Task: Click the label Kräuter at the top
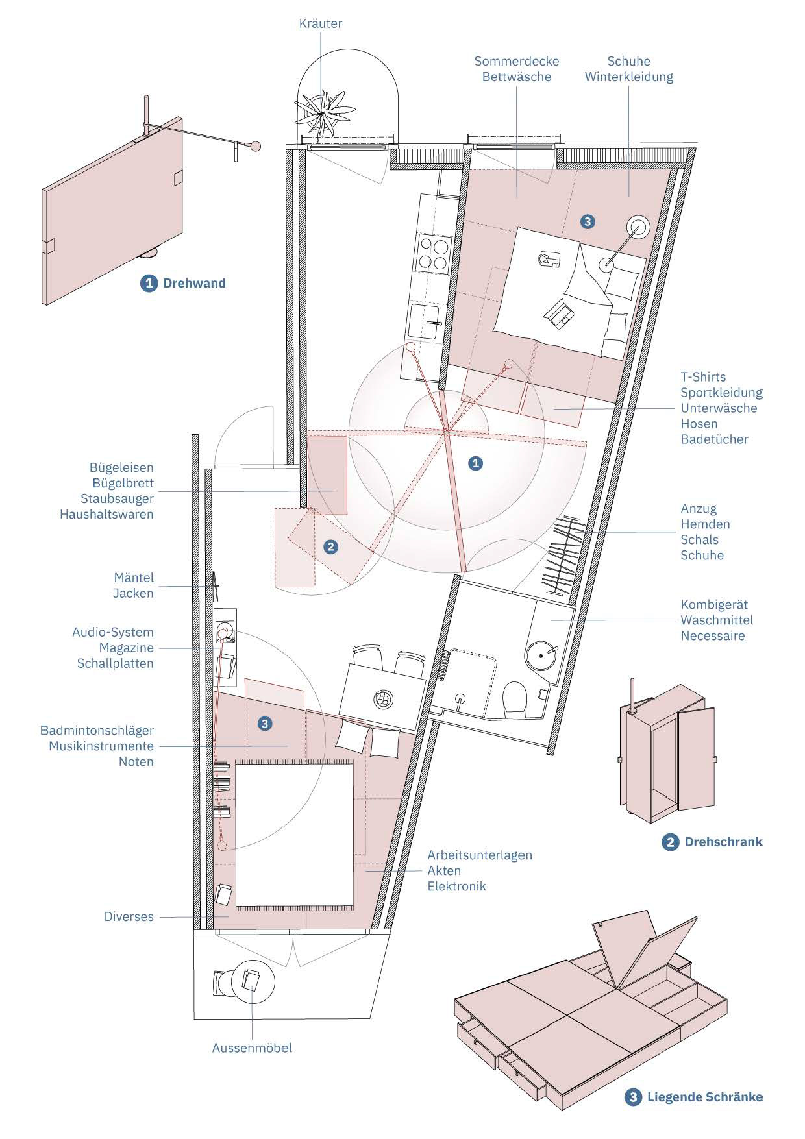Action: click(320, 24)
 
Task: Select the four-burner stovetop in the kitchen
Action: click(434, 253)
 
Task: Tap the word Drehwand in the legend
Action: click(194, 283)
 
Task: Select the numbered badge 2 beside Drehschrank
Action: click(669, 842)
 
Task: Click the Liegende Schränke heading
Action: click(704, 1097)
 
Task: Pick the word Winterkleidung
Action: click(628, 77)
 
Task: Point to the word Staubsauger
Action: click(117, 499)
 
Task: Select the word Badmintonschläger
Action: click(97, 731)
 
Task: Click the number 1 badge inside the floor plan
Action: click(476, 463)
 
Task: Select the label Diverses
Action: click(129, 917)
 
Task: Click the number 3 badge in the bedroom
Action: click(587, 222)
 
